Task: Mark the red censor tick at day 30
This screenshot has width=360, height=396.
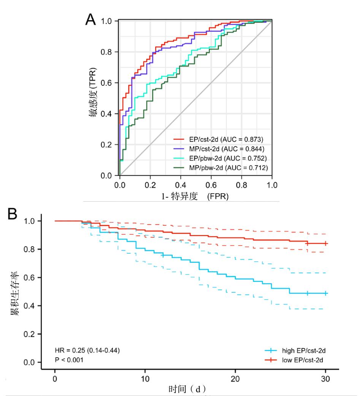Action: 326,243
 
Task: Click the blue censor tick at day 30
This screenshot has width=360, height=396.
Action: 326,293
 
